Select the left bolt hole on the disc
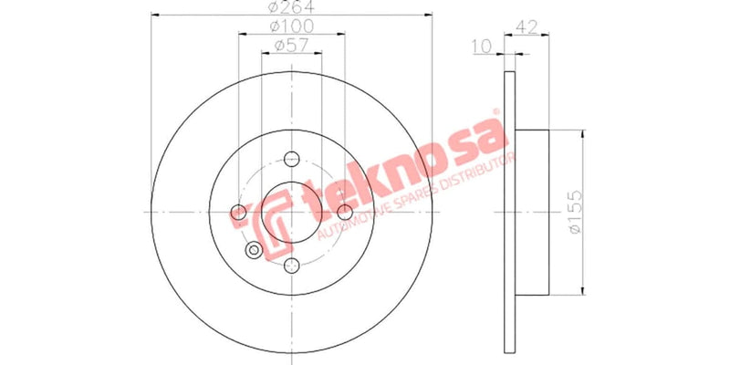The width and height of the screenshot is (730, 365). coord(239,213)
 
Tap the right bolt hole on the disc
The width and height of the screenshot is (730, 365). coord(345,213)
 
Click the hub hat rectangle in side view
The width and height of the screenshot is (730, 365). coord(533,212)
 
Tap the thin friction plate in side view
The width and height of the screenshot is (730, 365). coord(508,212)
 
